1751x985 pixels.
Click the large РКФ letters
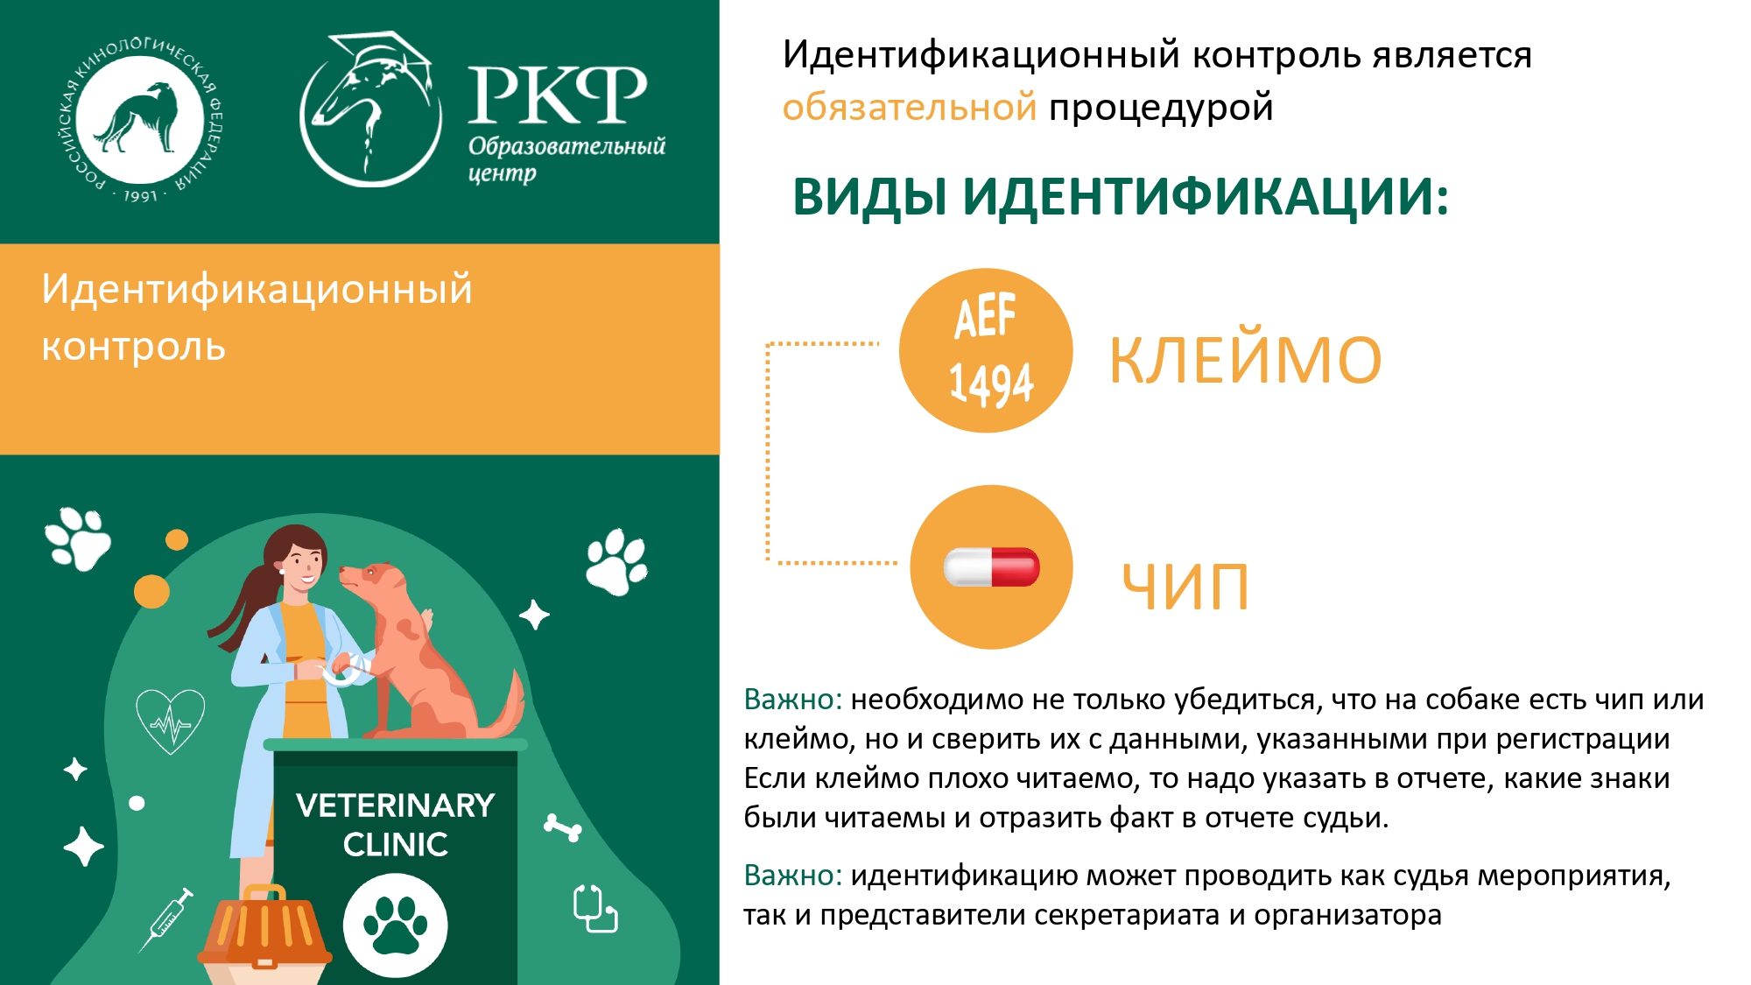click(558, 95)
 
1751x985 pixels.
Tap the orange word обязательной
click(909, 107)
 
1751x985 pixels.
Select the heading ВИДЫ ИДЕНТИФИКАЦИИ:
click(1120, 196)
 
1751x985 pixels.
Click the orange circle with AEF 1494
click(986, 350)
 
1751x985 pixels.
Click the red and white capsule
click(992, 566)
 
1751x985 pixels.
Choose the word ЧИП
click(1185, 587)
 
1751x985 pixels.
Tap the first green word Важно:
click(793, 700)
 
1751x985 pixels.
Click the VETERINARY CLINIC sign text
click(396, 825)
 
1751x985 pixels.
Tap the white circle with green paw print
click(396, 925)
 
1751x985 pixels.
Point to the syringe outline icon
click(166, 919)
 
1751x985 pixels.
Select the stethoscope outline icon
click(595, 909)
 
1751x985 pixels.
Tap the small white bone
click(562, 827)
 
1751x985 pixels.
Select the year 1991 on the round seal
click(140, 195)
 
